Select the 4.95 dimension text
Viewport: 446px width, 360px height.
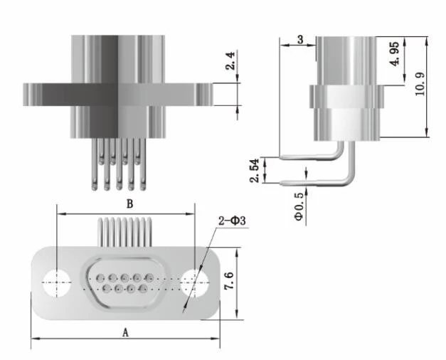click(398, 54)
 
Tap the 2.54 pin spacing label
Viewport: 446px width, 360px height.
click(254, 171)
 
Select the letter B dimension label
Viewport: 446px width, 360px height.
click(129, 203)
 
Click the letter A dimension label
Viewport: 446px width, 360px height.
click(125, 331)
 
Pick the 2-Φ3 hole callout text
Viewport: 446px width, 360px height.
click(232, 221)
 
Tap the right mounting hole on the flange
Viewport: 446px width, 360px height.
click(192, 281)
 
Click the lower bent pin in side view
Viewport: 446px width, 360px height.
click(320, 182)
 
